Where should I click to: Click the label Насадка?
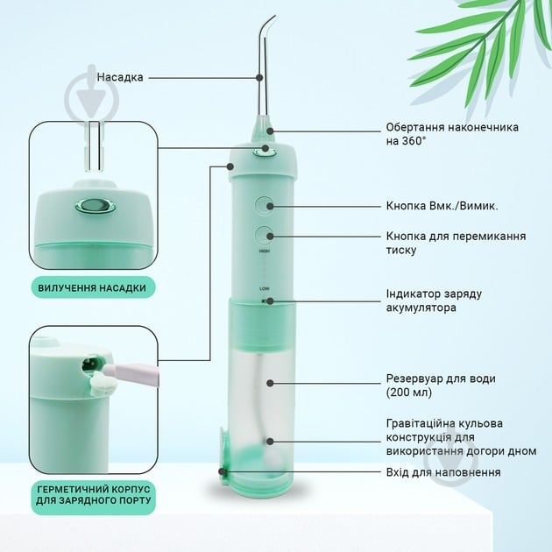[x=120, y=77]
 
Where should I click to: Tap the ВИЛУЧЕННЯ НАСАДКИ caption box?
[x=92, y=287]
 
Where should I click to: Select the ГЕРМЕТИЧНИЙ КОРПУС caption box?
[x=93, y=495]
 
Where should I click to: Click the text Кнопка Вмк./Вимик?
[x=442, y=206]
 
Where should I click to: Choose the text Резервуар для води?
[x=441, y=386]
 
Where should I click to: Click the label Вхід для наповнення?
[x=443, y=472]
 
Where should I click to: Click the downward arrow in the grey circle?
[x=91, y=98]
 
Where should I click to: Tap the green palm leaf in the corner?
[x=491, y=61]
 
